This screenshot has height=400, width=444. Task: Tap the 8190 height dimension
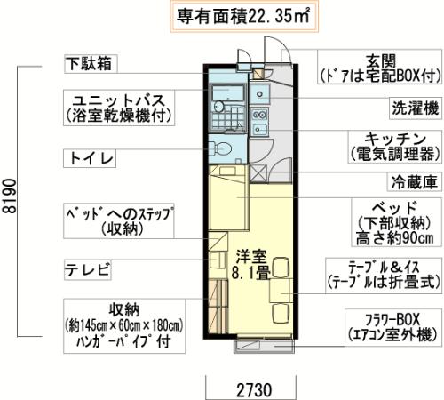coord(9,200)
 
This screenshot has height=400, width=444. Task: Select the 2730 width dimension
coord(246,388)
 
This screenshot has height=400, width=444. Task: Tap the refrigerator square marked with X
coord(258,174)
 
